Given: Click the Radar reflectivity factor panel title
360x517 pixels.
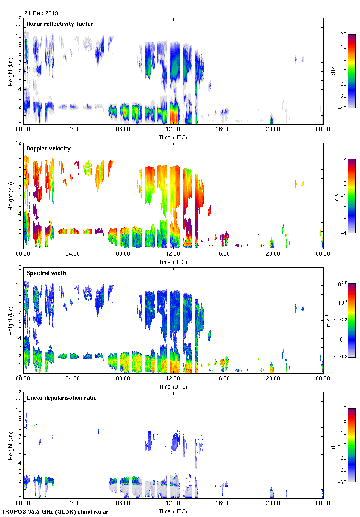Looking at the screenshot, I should click(60, 24).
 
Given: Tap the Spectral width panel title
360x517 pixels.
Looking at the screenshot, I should click(46, 273).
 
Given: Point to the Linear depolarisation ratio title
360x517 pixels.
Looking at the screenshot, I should click(61, 398).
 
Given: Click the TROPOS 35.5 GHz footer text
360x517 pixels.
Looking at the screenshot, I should click(55, 512).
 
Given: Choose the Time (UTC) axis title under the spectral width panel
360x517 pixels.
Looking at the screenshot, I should click(173, 387).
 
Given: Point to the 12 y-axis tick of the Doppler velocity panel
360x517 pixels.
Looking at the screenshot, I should click(18, 143).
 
